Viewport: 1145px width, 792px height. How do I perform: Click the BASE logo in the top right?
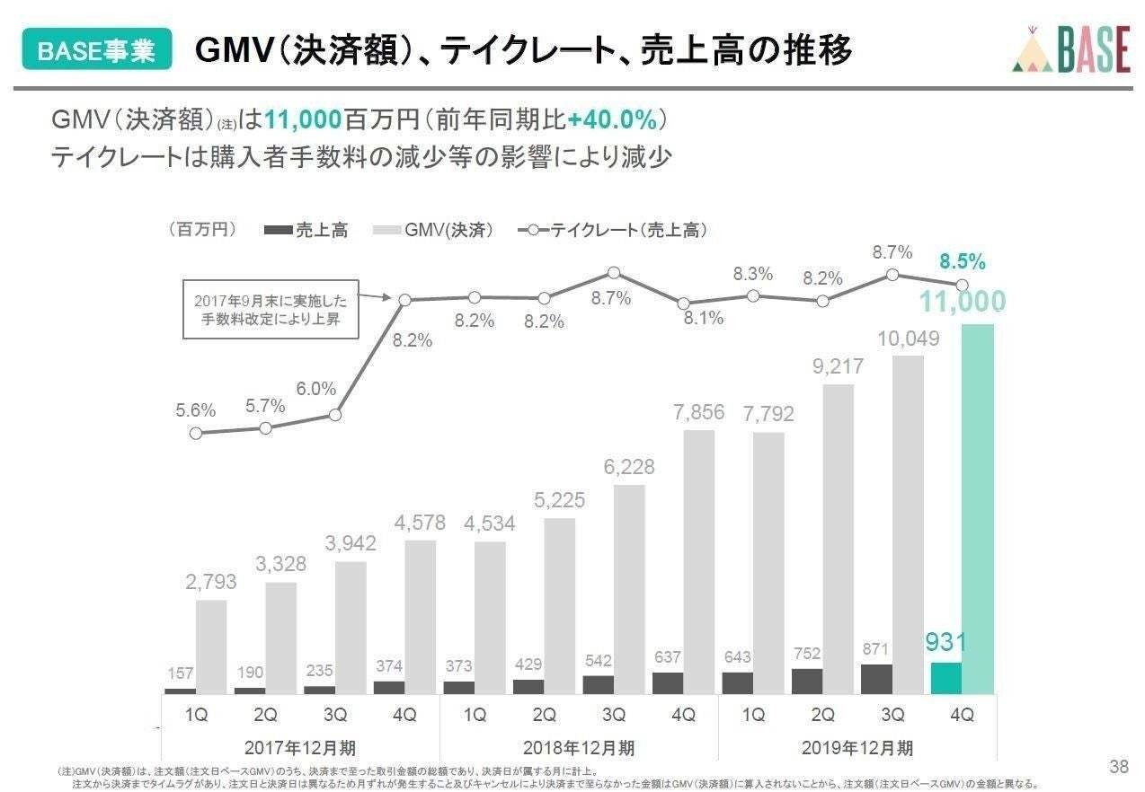point(1070,48)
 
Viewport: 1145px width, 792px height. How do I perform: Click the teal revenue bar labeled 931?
point(946,678)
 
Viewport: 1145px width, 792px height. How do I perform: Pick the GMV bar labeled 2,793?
point(211,647)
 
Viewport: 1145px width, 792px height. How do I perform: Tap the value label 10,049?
point(910,339)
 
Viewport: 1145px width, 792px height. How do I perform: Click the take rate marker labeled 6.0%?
point(335,415)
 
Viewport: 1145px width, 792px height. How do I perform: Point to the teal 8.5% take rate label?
point(963,262)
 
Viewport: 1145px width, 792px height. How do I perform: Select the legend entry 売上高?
point(307,231)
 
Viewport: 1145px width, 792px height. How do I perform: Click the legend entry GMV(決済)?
point(434,231)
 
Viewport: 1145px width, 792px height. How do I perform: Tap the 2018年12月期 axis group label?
point(580,747)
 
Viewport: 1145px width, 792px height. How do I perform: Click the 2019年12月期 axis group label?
point(858,747)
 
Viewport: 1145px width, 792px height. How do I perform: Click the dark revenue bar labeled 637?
point(668,682)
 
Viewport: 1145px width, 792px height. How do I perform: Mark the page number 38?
point(1119,766)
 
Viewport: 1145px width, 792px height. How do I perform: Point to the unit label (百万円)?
point(202,230)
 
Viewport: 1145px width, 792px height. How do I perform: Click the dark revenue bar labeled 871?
point(876,679)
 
